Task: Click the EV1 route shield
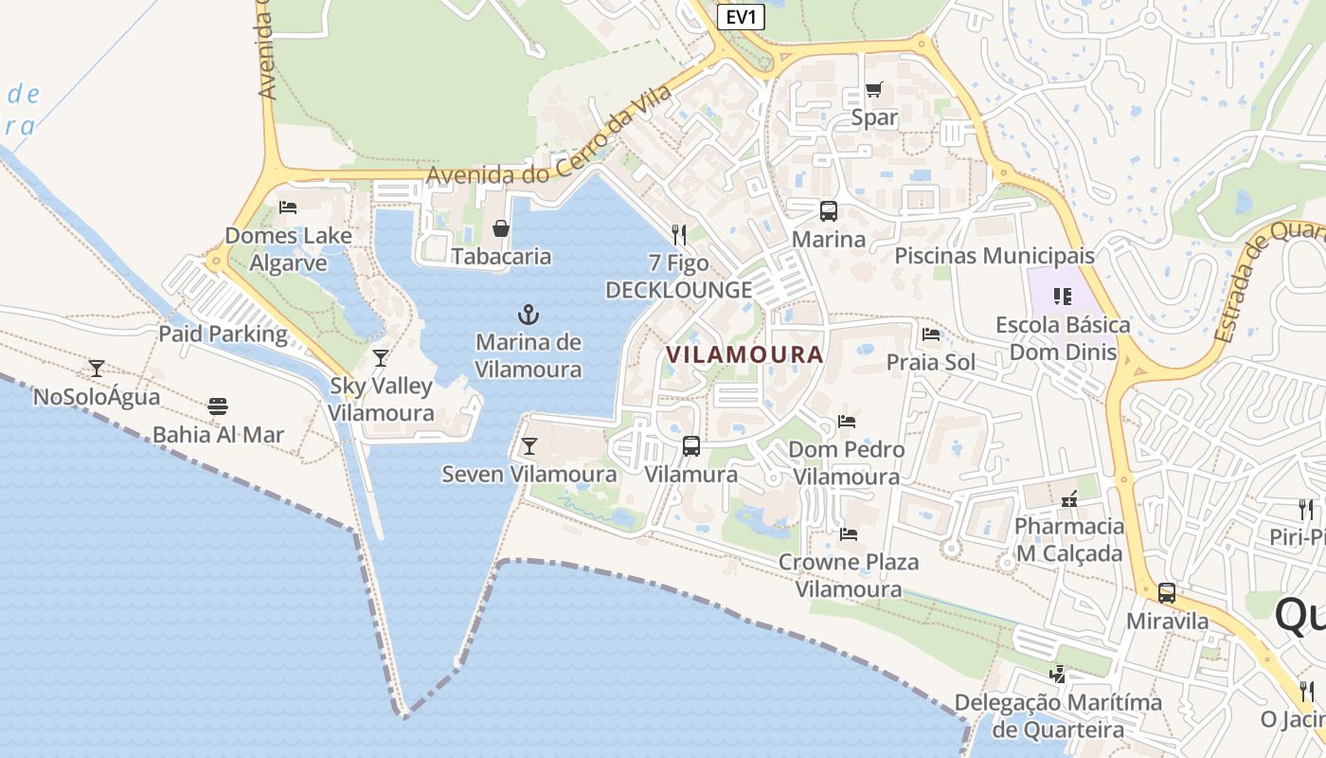[x=740, y=17]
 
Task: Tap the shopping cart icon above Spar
[x=873, y=90]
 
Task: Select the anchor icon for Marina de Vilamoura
[x=528, y=314]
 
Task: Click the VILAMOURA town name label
[x=744, y=354]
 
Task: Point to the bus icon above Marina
[x=829, y=211]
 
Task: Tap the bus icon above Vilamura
[x=691, y=445]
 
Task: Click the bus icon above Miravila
[x=1167, y=593]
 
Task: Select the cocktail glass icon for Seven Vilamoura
[x=529, y=445]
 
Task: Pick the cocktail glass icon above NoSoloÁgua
[x=96, y=368]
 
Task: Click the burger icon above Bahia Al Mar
[x=218, y=407]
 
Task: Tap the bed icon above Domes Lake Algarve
[x=288, y=207]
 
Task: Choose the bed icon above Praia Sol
[x=931, y=334]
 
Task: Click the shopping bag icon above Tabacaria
[x=501, y=228]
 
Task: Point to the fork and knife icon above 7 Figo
[x=678, y=234]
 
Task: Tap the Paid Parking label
[x=223, y=334]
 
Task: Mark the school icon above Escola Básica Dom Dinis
[x=1062, y=297]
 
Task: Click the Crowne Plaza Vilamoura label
[x=849, y=575]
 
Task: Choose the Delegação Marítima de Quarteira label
[x=1058, y=716]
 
